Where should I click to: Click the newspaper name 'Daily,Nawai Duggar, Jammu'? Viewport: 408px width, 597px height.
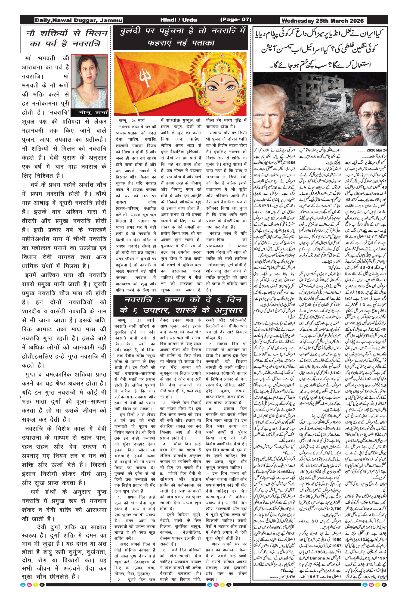(x=78, y=20)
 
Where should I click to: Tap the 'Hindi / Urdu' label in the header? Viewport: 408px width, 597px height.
(x=178, y=20)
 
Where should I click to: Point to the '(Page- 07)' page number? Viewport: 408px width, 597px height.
(x=236, y=20)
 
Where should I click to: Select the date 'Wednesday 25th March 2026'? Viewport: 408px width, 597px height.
(x=323, y=21)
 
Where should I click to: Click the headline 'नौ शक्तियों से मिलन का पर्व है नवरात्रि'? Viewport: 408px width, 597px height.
(x=64, y=38)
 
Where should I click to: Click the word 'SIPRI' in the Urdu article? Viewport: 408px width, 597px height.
(x=265, y=206)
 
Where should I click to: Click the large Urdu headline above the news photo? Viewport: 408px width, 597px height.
(x=320, y=49)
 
